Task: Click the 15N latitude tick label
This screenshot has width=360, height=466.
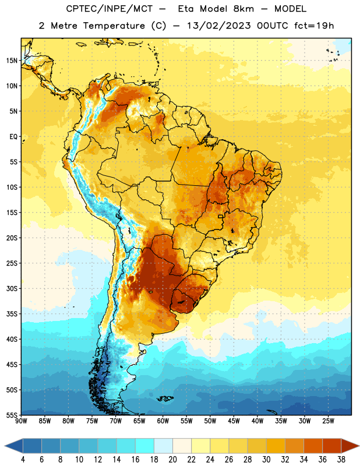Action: point(12,61)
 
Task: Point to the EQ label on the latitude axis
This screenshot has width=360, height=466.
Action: point(13,137)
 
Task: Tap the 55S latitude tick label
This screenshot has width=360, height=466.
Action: point(12,415)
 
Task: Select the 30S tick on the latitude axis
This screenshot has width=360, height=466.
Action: point(12,288)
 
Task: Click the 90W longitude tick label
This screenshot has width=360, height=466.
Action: point(21,421)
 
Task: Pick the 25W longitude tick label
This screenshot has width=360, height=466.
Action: point(328,421)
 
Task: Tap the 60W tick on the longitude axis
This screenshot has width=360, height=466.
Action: point(163,421)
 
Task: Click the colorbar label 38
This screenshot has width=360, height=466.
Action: point(341,460)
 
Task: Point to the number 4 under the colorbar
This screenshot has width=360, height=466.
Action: point(23,460)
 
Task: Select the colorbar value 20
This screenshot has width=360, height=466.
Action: point(172,460)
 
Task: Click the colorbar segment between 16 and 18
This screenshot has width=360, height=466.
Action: point(145,446)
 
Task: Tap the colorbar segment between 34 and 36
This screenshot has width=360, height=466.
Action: point(313,446)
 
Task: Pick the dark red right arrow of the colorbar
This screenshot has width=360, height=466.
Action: point(350,446)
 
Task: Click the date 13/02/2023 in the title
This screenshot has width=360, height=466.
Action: point(219,26)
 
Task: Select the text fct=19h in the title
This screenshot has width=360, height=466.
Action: point(314,26)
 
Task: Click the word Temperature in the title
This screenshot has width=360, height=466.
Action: point(114,26)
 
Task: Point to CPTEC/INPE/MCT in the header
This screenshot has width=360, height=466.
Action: point(110,9)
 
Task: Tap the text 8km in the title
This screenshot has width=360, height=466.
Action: point(243,9)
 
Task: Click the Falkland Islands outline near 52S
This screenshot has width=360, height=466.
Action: point(165,398)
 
